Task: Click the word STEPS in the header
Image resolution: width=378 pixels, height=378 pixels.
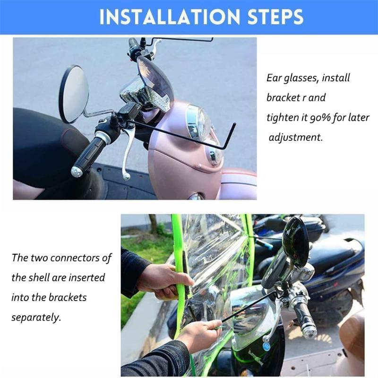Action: (x=275, y=17)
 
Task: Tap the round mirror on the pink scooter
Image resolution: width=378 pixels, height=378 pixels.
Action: (x=74, y=94)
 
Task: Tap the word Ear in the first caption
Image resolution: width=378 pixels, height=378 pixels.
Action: (x=274, y=78)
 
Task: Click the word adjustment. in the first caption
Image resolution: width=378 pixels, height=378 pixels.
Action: (x=296, y=137)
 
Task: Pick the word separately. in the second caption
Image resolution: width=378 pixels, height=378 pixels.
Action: (x=36, y=318)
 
